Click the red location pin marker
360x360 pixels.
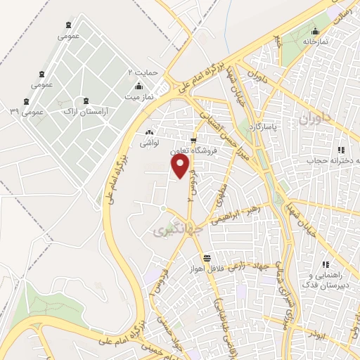click(x=181, y=166)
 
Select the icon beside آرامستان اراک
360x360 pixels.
click(x=86, y=102)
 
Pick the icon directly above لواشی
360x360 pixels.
click(x=148, y=132)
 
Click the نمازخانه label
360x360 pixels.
click(x=316, y=41)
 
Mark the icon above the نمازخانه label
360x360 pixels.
click(x=315, y=30)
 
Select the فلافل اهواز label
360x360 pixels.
click(x=209, y=269)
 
